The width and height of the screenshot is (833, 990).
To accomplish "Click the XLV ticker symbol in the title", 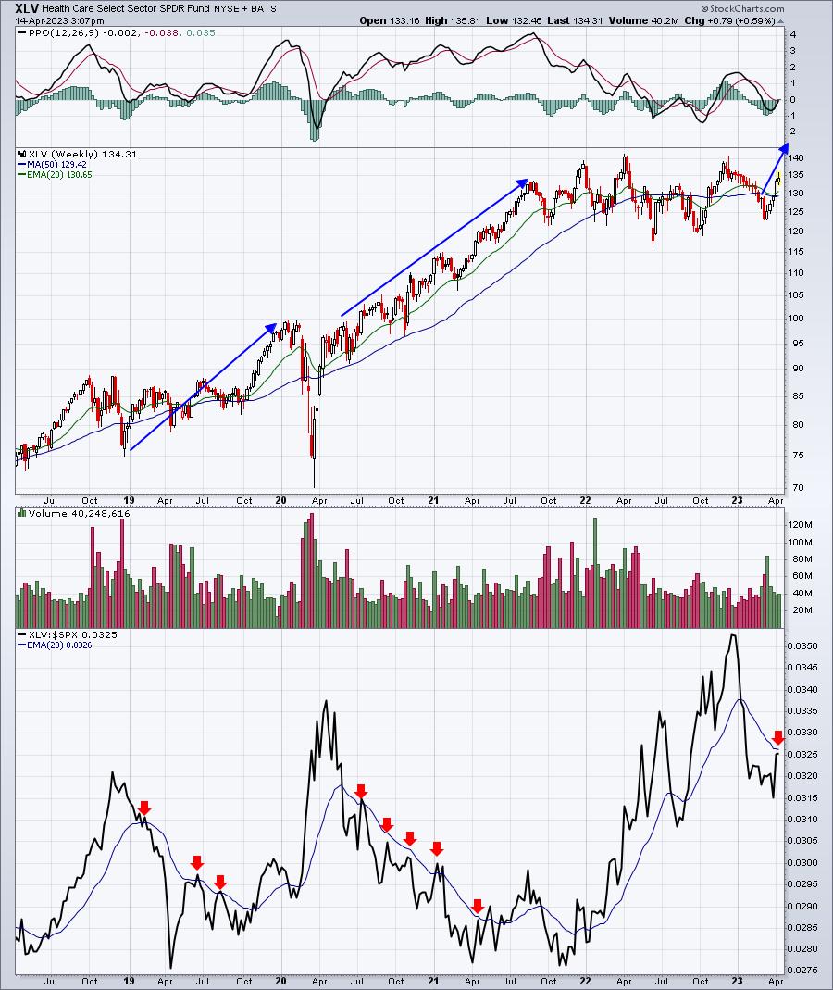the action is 27,9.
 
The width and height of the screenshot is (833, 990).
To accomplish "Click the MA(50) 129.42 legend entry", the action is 56,164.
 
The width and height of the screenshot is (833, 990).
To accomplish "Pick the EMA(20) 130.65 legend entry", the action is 59,175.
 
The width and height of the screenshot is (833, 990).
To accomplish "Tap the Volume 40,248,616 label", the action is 79,514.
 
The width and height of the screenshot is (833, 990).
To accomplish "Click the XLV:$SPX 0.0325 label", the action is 72,635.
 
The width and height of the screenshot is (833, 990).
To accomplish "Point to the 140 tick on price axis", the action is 796,157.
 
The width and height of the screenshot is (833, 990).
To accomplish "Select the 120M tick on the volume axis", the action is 799,525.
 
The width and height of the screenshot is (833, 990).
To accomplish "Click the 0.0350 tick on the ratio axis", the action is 802,645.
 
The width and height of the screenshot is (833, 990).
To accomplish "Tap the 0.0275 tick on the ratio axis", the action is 802,970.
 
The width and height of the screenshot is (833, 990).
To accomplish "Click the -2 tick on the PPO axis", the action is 792,132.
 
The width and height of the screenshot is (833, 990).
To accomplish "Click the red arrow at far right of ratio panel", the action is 778,737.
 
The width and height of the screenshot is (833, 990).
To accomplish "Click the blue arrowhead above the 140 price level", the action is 785,148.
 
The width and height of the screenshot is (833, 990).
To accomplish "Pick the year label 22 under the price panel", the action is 586,501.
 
